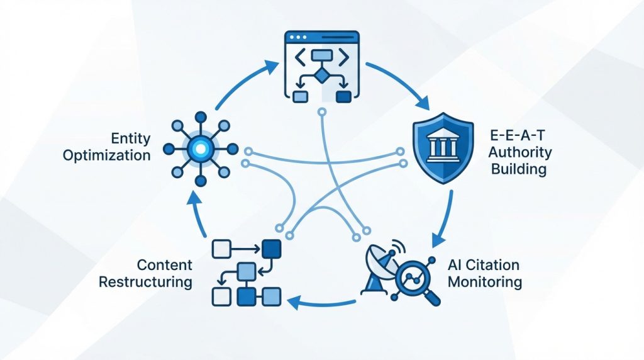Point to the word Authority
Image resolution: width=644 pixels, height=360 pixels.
[x=520, y=152]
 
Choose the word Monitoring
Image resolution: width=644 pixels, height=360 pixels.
[x=484, y=281]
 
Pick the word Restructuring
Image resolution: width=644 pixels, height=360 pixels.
[x=145, y=281]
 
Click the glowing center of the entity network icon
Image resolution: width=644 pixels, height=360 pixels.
[x=200, y=149]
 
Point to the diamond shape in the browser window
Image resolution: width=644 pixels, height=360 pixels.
[x=321, y=76]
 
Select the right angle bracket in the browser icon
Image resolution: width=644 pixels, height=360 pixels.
[x=343, y=57]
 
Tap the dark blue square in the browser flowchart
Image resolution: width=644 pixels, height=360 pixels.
[x=343, y=96]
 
